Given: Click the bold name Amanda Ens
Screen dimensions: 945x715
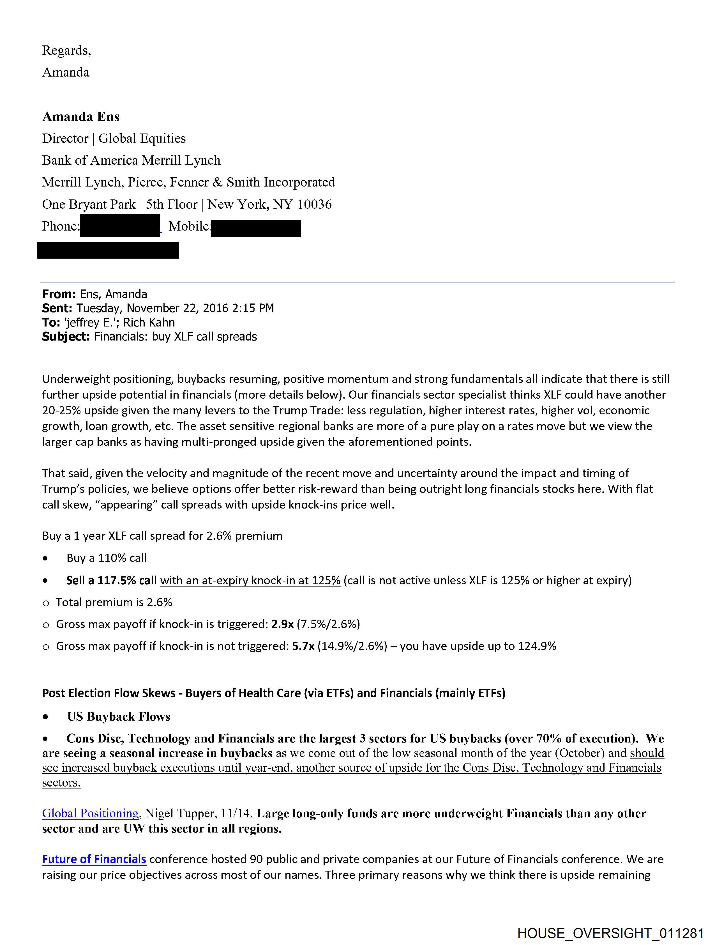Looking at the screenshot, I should click(x=81, y=117).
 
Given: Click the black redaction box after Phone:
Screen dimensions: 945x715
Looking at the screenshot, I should click(x=120, y=227).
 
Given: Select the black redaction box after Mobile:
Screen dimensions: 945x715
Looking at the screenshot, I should click(x=256, y=228).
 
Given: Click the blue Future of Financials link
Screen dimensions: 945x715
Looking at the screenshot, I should click(x=94, y=859).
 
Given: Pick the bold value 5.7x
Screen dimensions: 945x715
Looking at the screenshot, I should click(x=303, y=646).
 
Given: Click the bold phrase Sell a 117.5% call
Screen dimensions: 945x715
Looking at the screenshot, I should click(x=112, y=580).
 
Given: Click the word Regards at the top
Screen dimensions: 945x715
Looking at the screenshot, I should click(x=66, y=50).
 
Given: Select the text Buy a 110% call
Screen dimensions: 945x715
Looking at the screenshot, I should click(x=106, y=558).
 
